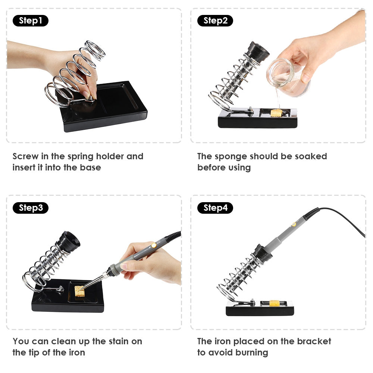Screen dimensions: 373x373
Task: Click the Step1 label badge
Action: [x=31, y=21]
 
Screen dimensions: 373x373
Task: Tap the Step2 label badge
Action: [x=215, y=21]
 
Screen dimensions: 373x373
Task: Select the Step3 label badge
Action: [x=31, y=208]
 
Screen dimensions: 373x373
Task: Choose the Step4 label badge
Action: [x=215, y=208]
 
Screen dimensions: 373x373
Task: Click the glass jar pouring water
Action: [x=288, y=77]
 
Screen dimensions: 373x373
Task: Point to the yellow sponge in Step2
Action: [x=276, y=113]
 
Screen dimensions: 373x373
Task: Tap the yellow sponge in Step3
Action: [x=79, y=291]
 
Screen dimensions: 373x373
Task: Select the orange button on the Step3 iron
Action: [x=154, y=245]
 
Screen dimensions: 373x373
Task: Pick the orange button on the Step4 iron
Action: [x=294, y=224]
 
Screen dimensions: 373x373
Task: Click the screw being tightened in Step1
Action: [x=91, y=98]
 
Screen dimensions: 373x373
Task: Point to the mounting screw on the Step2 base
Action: [x=250, y=110]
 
